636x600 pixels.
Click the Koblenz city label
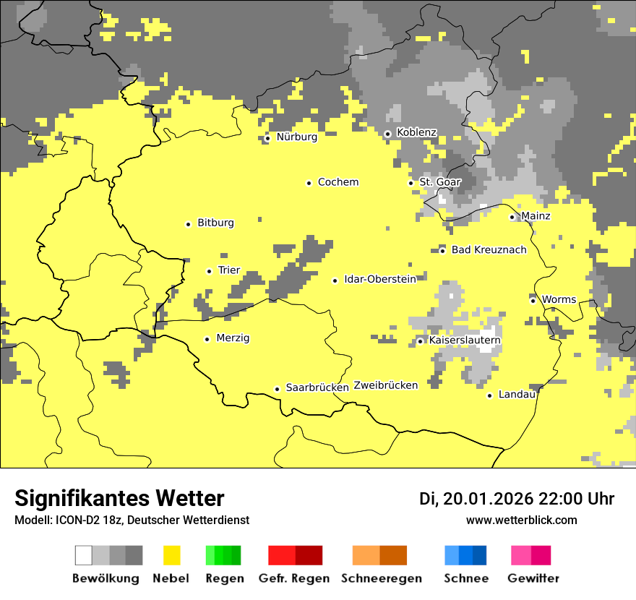coord(416,133)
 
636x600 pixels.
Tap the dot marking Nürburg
coord(267,137)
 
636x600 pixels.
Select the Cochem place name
coord(338,182)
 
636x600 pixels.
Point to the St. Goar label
coord(439,182)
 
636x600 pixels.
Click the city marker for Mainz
coord(512,217)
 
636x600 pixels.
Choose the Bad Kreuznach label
coord(489,250)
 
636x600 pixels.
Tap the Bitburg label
coord(215,223)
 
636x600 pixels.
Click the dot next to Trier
coord(209,271)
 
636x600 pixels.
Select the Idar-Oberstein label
coord(380,280)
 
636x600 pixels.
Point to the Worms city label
coord(559,300)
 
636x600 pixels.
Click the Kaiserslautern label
coord(465,340)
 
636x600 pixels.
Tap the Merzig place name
coord(233,338)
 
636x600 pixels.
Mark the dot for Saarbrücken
coord(277,389)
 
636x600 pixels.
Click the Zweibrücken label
coord(385,385)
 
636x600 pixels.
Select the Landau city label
coord(517,395)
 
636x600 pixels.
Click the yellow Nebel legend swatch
coord(171,555)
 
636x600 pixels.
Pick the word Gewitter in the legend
coord(533,578)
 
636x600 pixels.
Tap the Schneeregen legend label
coord(382,578)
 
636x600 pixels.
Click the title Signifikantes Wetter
coord(119,498)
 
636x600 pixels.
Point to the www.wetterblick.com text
coord(521,520)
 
